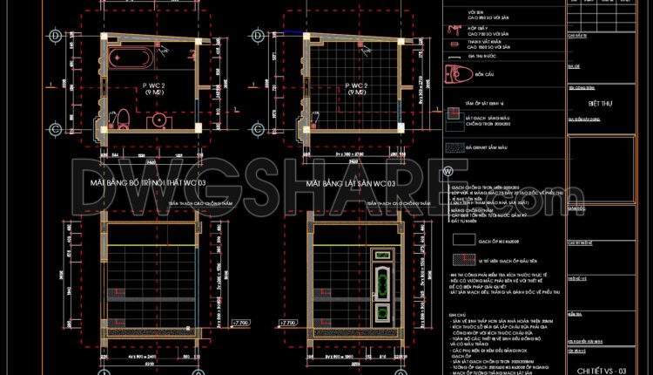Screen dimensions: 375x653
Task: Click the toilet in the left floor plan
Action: (124, 116)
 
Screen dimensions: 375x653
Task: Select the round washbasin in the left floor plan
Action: (158, 119)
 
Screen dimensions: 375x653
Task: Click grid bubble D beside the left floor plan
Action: (54, 36)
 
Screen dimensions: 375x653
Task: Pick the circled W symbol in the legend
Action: (448, 171)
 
